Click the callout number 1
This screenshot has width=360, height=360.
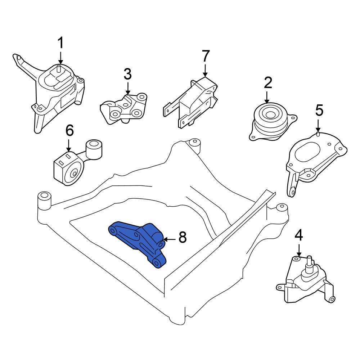tap(60, 43)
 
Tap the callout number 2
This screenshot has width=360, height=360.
tap(267, 83)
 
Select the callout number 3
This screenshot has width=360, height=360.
tap(127, 75)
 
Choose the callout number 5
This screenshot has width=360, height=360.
tap(319, 111)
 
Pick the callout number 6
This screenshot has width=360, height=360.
tap(69, 130)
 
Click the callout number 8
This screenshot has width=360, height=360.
tap(183, 237)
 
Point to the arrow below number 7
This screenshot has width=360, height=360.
tap(205, 69)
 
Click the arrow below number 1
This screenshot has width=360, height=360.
tap(60, 58)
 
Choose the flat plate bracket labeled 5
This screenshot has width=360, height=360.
tap(313, 155)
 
